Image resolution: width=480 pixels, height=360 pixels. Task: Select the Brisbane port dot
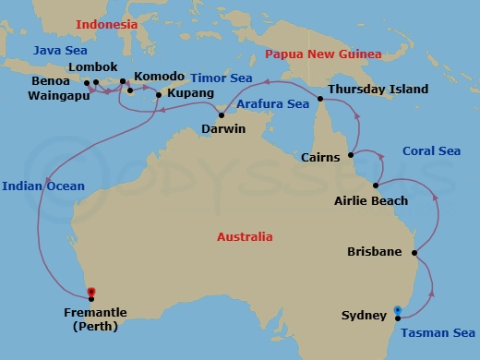coord(414,252)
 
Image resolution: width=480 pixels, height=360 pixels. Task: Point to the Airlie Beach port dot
coord(375,186)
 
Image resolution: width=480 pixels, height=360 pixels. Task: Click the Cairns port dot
coord(350,157)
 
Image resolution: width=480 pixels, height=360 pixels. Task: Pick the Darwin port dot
coord(222,115)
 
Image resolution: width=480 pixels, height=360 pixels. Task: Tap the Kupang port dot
coord(159,94)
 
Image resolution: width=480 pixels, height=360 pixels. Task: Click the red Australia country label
coord(245,237)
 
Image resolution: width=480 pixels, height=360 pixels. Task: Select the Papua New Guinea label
coord(323,54)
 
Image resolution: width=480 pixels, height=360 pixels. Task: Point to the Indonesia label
coord(106,24)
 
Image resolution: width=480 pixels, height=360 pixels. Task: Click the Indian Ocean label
coord(43,186)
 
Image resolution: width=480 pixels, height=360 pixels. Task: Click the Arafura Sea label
coord(272,104)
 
